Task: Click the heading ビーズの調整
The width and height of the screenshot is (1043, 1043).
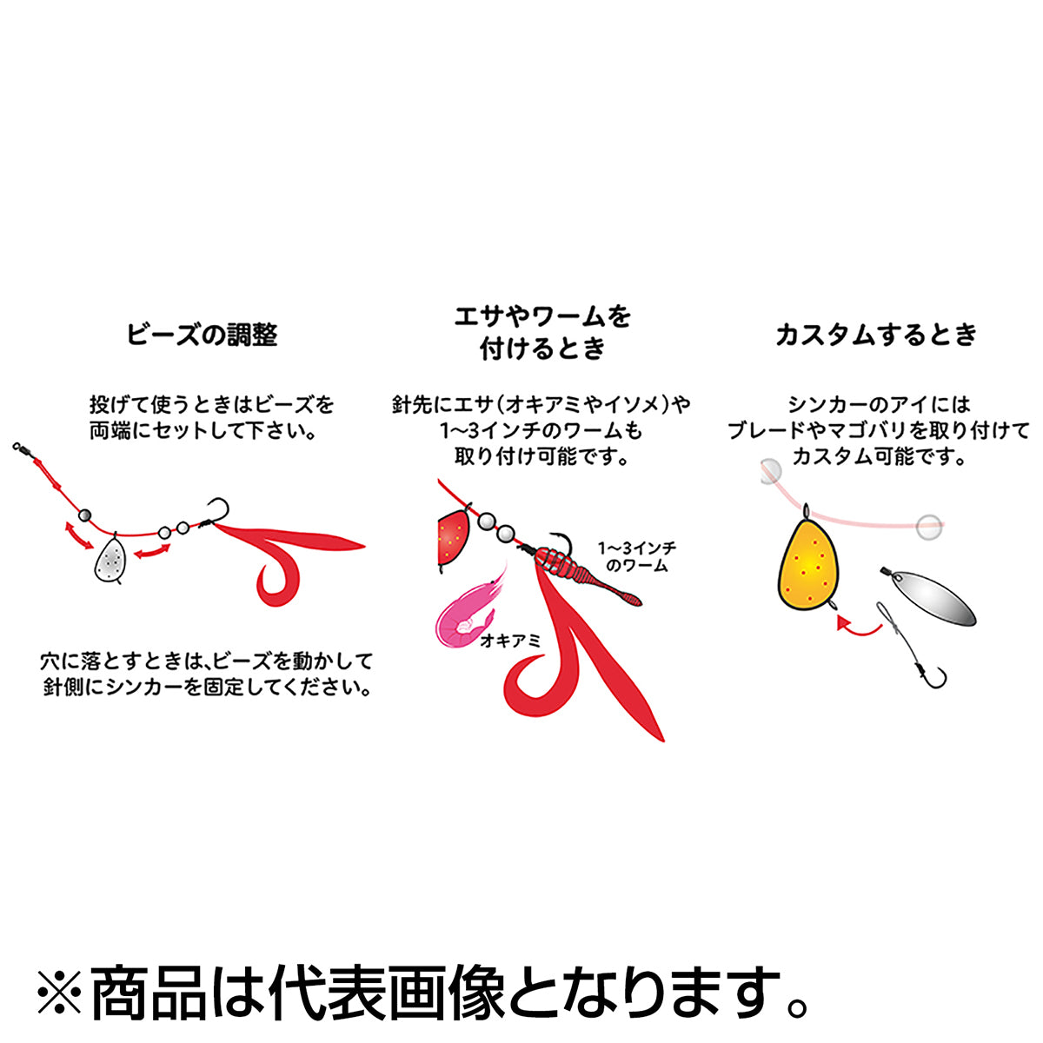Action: pos(202,334)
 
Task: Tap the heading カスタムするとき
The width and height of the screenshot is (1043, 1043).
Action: pos(876,334)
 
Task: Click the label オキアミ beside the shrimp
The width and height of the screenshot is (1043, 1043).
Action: pos(510,641)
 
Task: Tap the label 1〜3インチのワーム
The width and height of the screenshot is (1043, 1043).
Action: pos(636,557)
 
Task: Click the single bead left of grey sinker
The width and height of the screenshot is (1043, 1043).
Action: pos(84,515)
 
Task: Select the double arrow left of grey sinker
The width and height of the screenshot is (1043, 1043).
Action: pos(78,535)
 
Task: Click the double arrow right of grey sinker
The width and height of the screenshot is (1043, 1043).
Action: pos(152,551)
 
